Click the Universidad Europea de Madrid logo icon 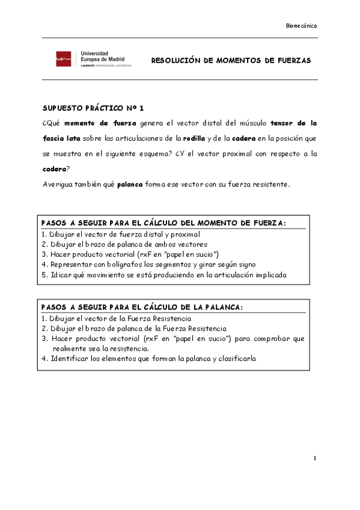[x=62, y=59]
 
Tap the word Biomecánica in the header [x=301, y=26]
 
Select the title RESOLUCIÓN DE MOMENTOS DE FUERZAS [x=231, y=61]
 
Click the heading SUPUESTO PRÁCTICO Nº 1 [x=93, y=109]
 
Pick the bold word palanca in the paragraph [x=130, y=184]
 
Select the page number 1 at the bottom [x=314, y=459]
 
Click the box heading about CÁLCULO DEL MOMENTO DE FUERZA [x=164, y=223]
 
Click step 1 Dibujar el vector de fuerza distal [x=121, y=234]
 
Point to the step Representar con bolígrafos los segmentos [x=148, y=264]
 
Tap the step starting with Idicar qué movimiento [x=164, y=274]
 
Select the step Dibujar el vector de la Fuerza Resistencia [x=117, y=318]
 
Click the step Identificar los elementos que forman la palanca [x=149, y=358]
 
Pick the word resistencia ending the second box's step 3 [x=129, y=348]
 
